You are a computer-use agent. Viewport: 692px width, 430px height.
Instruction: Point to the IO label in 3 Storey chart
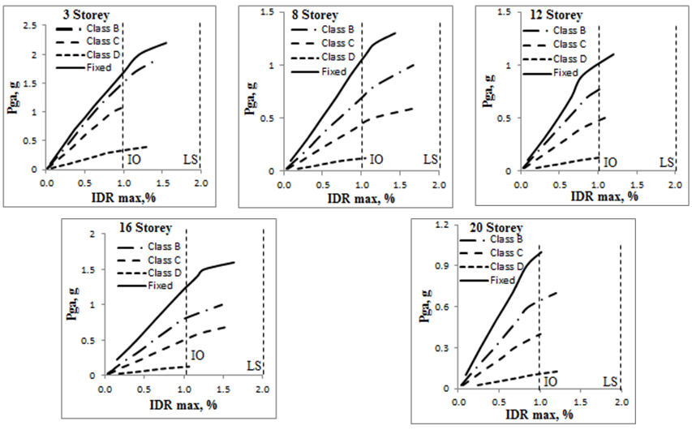[134, 159]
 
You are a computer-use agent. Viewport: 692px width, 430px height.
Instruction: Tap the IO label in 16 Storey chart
[197, 355]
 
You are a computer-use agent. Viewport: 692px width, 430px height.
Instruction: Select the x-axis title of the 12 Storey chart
[601, 196]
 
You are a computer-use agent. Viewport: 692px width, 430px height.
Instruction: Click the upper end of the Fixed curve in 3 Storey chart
[166, 42]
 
